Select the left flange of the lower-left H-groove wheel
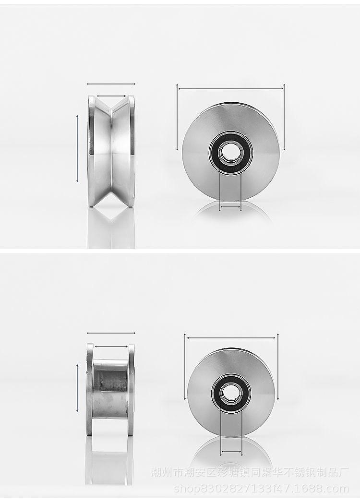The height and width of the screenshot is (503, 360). pos(90,389)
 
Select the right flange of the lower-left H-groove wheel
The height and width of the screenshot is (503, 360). pos(131,389)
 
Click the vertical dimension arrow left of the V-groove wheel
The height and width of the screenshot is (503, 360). pos(77,149)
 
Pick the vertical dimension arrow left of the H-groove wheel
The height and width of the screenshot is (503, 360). pos(77,388)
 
